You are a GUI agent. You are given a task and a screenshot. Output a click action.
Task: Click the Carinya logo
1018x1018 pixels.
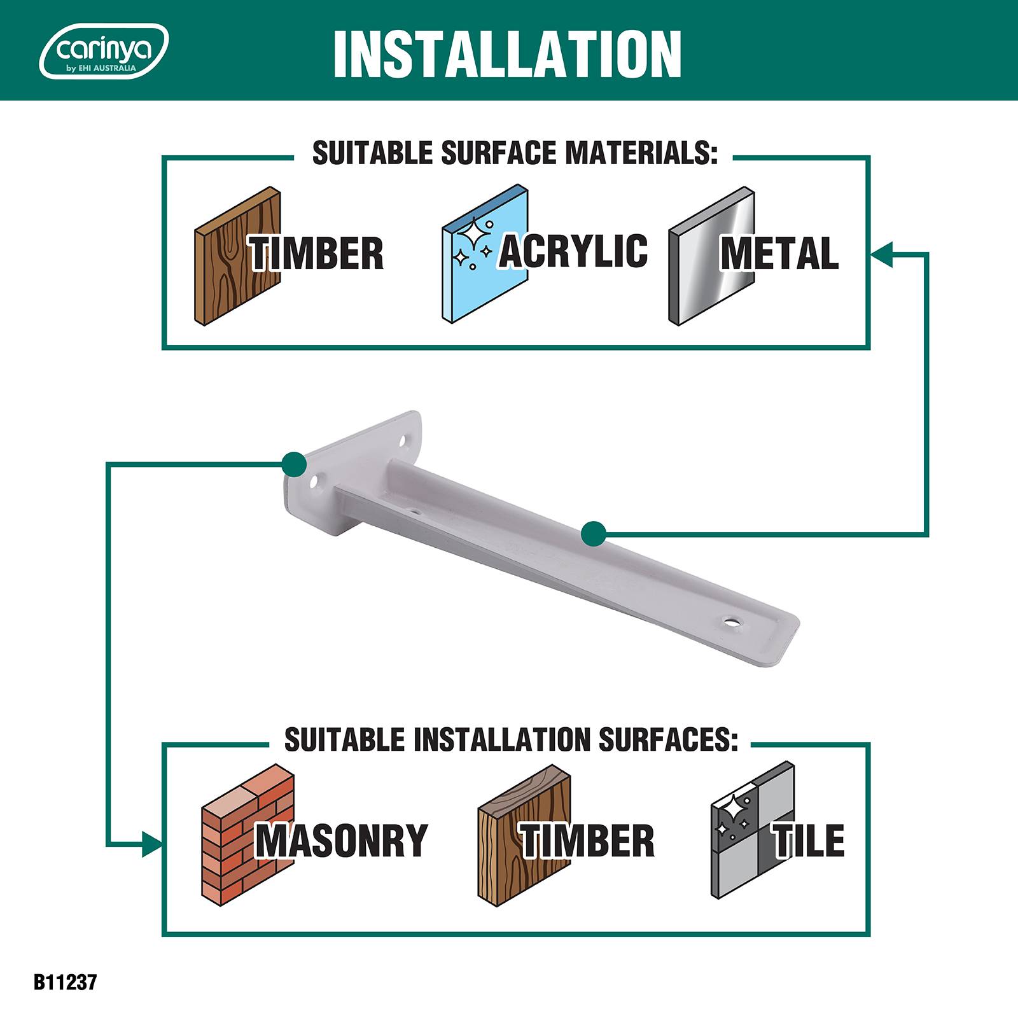point(104,51)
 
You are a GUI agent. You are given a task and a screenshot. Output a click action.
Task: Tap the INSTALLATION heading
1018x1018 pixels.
point(507,54)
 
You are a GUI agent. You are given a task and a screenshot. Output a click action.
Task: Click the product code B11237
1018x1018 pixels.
point(65,982)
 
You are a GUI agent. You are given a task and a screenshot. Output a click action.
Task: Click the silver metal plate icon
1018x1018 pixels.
point(711,256)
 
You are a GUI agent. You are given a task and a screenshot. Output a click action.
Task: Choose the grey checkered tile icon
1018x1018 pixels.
point(753,830)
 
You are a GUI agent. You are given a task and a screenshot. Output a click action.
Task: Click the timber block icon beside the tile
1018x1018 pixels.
point(524,832)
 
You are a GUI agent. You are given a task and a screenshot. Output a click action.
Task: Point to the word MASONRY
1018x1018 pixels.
point(342,840)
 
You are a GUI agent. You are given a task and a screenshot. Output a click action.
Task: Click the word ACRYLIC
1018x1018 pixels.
point(573,250)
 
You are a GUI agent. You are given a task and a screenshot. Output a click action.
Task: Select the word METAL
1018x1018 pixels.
point(779,253)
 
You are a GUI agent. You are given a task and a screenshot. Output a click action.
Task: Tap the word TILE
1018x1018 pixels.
point(809,840)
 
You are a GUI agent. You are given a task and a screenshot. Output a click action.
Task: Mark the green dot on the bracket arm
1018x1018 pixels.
point(594,534)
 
